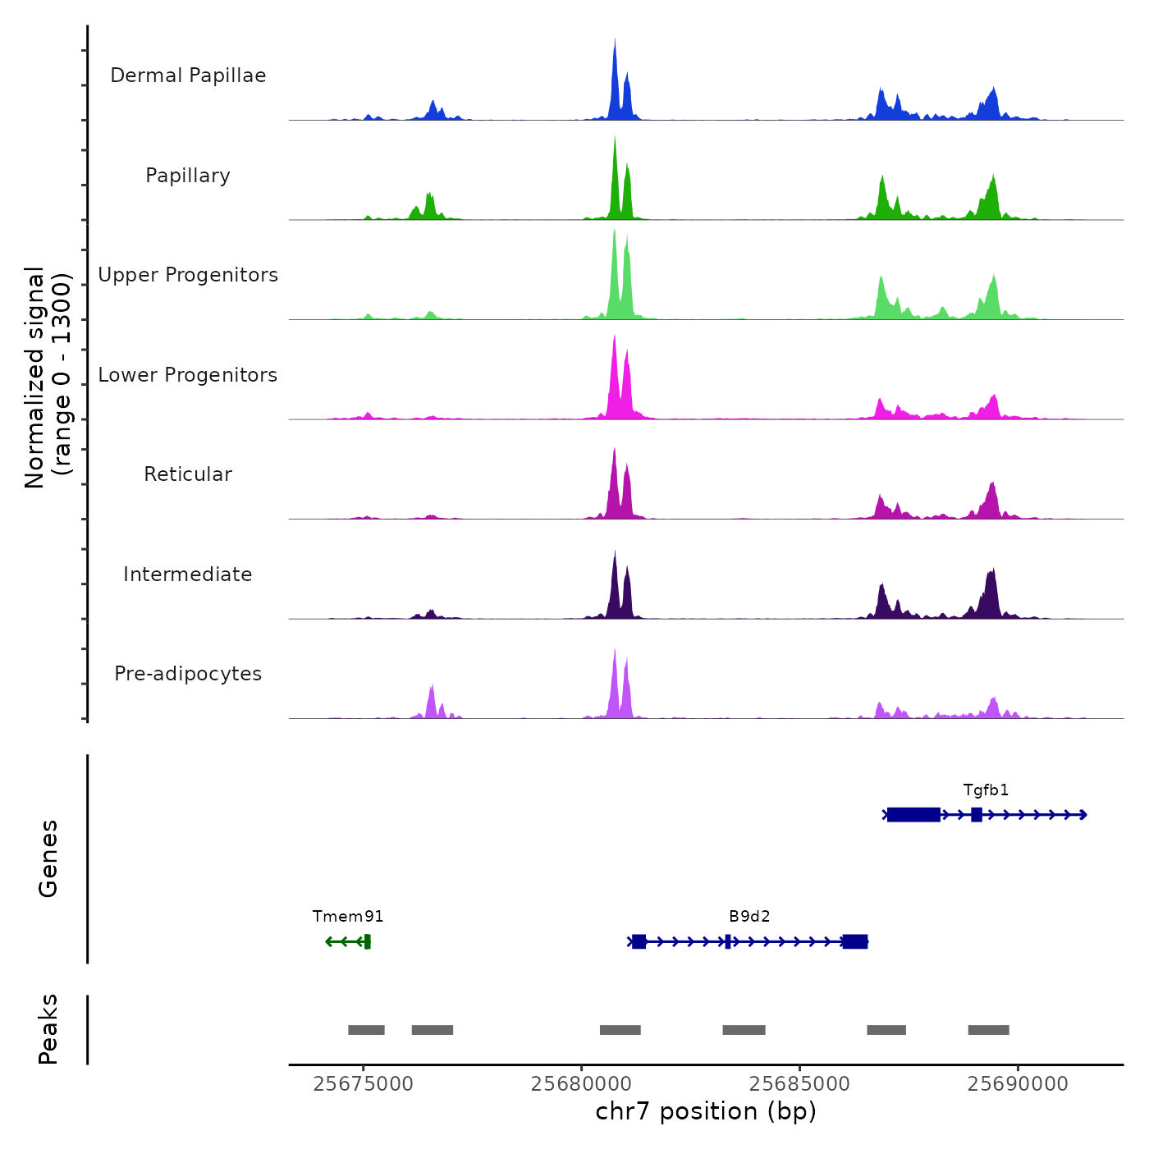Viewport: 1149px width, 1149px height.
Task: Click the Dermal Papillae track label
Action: coord(188,76)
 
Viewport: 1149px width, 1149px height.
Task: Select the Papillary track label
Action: coord(188,176)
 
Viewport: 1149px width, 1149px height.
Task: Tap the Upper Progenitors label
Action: coord(188,275)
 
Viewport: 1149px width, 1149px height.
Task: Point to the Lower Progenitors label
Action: coord(188,375)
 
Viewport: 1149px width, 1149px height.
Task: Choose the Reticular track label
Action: coord(188,474)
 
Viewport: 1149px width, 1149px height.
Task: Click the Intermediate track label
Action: coord(188,574)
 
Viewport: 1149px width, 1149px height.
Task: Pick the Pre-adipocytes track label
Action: coord(188,674)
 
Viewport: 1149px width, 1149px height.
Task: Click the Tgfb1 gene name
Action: coord(986,790)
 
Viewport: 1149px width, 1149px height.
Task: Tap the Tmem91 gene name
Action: coord(348,917)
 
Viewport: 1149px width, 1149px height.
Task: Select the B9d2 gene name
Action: coord(749,917)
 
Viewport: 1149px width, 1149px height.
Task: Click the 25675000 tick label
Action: coord(364,1084)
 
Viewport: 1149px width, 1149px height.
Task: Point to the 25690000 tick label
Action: coord(1018,1084)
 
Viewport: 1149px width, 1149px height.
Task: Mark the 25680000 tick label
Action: coord(581,1084)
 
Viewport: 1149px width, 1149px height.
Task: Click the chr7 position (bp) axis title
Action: coord(706,1111)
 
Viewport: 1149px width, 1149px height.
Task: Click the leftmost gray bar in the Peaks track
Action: coord(366,1030)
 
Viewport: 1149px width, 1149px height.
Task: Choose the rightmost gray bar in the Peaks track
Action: coord(988,1030)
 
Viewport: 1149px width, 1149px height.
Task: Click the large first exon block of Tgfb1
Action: coord(913,815)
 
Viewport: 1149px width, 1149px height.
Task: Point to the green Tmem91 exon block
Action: coord(368,941)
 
